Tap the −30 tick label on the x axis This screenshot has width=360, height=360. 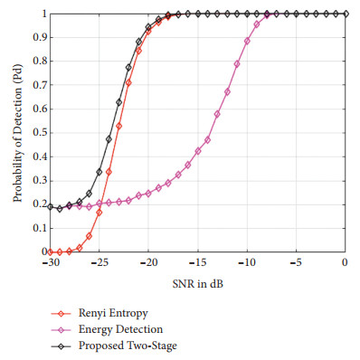[50, 263]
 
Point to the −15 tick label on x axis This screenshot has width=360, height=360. [197, 263]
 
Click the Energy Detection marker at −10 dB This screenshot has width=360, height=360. [247, 41]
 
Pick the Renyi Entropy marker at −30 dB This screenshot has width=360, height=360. [50, 251]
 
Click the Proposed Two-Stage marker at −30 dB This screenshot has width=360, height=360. [50, 206]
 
